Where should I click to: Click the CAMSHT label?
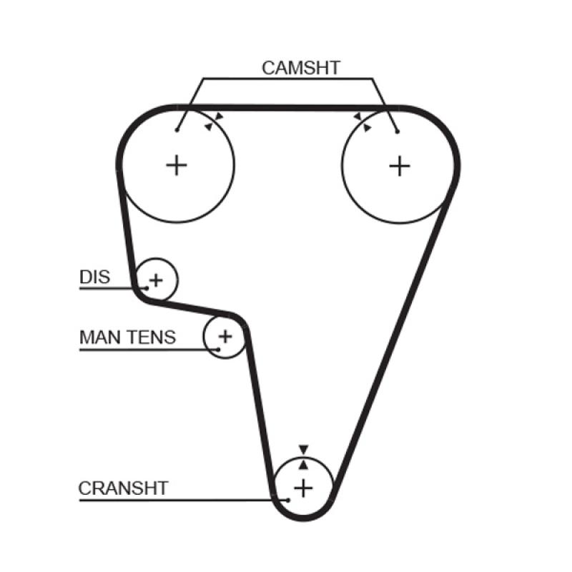(x=300, y=68)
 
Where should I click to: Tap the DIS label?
(x=94, y=276)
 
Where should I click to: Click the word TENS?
(x=152, y=337)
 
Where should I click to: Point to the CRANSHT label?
(x=123, y=488)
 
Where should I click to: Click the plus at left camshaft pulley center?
(x=176, y=166)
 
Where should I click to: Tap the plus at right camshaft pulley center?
(x=400, y=166)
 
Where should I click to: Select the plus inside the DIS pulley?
(x=157, y=279)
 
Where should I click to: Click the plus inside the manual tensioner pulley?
(x=225, y=335)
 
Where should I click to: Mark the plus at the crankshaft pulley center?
(x=304, y=488)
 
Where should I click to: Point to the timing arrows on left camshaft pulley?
(x=214, y=121)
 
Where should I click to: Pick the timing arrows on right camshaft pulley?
(x=362, y=122)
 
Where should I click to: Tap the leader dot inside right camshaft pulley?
(x=398, y=130)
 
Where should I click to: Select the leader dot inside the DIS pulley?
(x=146, y=288)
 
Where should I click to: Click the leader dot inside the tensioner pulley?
(x=217, y=350)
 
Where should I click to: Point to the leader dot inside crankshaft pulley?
(x=287, y=498)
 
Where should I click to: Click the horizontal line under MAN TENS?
(x=143, y=350)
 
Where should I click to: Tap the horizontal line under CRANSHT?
(x=179, y=499)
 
